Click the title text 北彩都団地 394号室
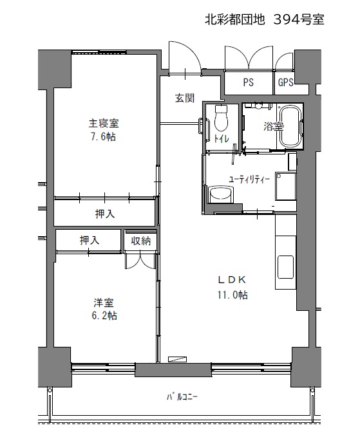click(x=264, y=20)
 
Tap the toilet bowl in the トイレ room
click(x=222, y=118)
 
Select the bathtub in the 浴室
click(x=290, y=127)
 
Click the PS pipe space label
click(x=248, y=82)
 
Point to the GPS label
click(x=286, y=82)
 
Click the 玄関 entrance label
click(x=184, y=98)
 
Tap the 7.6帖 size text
click(x=103, y=137)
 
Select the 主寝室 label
click(x=104, y=123)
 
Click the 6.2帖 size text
click(x=104, y=316)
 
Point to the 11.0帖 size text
click(x=232, y=295)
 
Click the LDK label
click(x=232, y=279)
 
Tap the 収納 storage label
click(x=141, y=241)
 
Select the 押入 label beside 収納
click(x=90, y=240)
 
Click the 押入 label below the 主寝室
click(x=105, y=214)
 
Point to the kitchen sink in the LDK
click(x=285, y=267)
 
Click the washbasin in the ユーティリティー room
click(x=221, y=194)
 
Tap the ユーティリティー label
click(x=249, y=180)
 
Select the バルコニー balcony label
click(x=182, y=396)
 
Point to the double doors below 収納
click(x=140, y=261)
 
